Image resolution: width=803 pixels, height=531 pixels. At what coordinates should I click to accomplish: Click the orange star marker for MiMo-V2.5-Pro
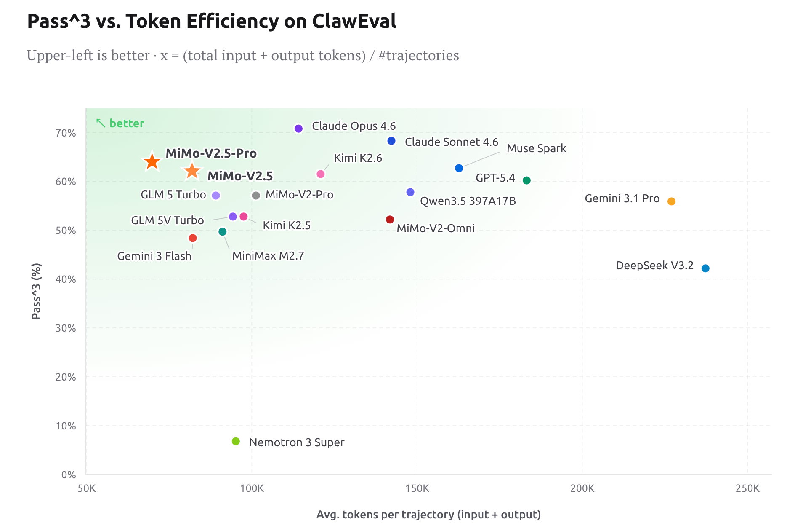[152, 161]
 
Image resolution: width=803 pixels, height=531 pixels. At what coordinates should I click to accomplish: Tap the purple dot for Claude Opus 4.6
[298, 129]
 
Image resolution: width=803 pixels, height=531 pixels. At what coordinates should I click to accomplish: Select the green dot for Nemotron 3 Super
[236, 441]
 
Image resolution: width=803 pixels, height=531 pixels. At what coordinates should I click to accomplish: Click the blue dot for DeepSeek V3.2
[705, 268]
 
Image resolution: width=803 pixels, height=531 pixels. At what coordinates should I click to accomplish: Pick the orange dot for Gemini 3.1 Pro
[671, 201]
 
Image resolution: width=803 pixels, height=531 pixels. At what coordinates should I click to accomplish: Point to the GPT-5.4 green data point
[526, 180]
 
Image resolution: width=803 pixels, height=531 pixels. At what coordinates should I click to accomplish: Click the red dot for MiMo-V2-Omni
[390, 220]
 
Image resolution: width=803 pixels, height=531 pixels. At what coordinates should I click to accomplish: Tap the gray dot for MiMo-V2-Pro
[256, 196]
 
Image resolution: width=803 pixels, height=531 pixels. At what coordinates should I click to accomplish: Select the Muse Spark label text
[536, 148]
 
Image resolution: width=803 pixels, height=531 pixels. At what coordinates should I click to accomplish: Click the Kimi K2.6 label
[358, 158]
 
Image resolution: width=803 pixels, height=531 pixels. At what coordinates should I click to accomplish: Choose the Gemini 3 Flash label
[154, 256]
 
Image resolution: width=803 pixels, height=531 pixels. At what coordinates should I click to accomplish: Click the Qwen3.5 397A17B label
[468, 201]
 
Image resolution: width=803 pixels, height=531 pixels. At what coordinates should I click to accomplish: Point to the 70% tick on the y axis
[66, 133]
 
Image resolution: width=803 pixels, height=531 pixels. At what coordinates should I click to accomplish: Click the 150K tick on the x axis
[417, 488]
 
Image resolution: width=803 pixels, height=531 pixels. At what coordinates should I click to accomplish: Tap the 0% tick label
[69, 475]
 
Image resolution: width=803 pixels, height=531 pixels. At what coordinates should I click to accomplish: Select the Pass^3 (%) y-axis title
[37, 291]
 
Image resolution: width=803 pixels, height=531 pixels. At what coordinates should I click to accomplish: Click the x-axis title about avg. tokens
[428, 515]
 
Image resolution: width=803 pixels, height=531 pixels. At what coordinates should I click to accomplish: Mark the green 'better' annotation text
[127, 123]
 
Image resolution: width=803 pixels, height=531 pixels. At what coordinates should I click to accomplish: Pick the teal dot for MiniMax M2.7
[223, 232]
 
